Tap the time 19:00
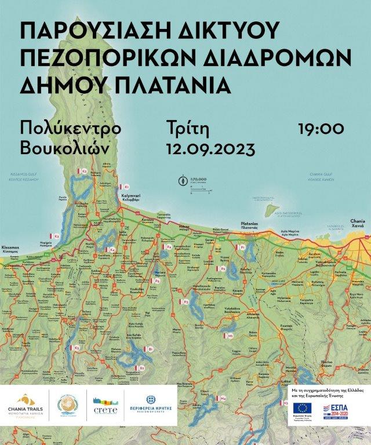(321, 128)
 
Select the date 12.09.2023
(210, 149)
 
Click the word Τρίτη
(187, 128)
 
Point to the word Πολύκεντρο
(70, 128)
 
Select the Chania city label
(358, 222)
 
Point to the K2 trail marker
(83, 172)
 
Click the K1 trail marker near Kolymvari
(125, 187)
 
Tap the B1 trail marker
(150, 349)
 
